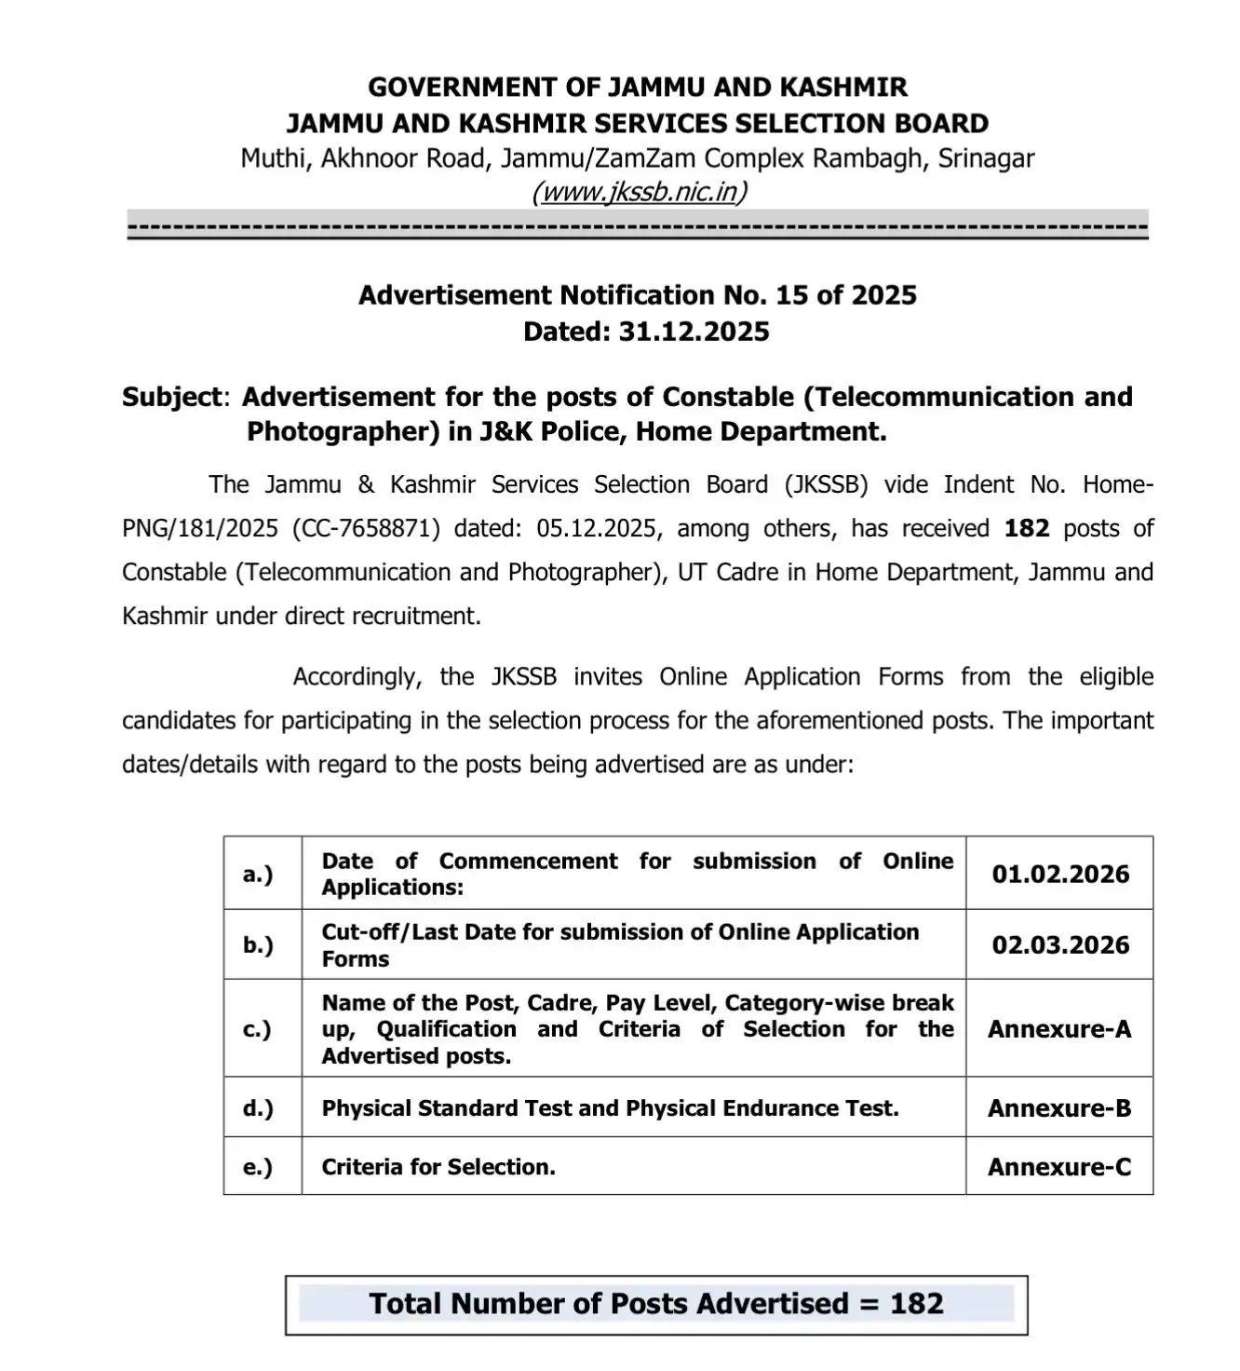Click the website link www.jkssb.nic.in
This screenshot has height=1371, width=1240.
click(639, 192)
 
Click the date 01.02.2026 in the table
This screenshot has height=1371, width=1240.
click(1060, 874)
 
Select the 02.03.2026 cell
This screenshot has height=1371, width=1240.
click(1060, 944)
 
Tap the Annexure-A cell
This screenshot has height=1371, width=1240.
click(1059, 1029)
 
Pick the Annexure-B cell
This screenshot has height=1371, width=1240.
click(1059, 1108)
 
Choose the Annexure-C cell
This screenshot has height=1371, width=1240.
click(1059, 1167)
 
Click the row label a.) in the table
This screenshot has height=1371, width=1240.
click(258, 874)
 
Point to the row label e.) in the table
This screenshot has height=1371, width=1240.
click(258, 1167)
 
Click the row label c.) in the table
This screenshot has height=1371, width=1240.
click(258, 1029)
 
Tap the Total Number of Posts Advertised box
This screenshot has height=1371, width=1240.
click(656, 1304)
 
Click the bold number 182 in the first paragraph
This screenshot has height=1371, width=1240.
click(1027, 528)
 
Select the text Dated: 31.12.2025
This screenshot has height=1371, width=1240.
click(646, 332)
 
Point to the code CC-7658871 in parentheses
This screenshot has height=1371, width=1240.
click(366, 528)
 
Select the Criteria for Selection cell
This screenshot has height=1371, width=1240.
click(438, 1167)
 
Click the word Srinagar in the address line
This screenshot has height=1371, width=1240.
click(986, 158)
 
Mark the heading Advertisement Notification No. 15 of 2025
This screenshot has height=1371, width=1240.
click(638, 295)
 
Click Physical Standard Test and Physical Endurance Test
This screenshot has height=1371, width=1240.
click(610, 1108)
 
